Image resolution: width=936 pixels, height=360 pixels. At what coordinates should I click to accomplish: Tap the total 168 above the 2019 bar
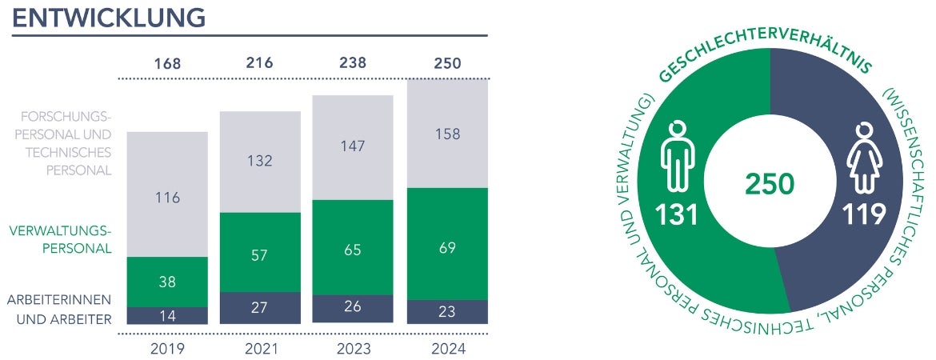pyautogui.click(x=167, y=62)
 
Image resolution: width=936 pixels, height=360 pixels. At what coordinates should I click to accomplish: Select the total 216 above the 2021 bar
pyautogui.click(x=260, y=62)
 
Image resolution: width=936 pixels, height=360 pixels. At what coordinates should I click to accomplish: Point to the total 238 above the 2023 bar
pyautogui.click(x=352, y=62)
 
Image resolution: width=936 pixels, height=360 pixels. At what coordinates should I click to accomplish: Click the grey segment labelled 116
pyautogui.click(x=167, y=198)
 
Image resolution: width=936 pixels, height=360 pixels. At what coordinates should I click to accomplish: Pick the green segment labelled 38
pyautogui.click(x=167, y=282)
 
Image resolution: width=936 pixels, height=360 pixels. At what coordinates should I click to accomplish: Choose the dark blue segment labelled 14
pyautogui.click(x=167, y=315)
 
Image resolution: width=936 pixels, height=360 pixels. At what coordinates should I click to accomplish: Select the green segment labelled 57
pyautogui.click(x=260, y=255)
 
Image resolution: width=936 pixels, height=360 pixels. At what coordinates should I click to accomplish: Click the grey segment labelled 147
pyautogui.click(x=352, y=146)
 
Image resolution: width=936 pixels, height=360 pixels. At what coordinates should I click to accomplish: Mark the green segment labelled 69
pyautogui.click(x=447, y=247)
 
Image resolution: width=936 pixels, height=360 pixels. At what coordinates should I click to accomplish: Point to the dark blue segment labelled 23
pyautogui.click(x=447, y=312)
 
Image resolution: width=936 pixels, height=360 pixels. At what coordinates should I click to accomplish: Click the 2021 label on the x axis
pyautogui.click(x=260, y=349)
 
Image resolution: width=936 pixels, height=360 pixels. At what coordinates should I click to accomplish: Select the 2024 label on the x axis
pyautogui.click(x=447, y=349)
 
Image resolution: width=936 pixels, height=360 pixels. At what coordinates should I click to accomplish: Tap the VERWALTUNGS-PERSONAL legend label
pyautogui.click(x=61, y=239)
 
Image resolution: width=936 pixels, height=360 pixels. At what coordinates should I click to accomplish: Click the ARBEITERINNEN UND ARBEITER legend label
pyautogui.click(x=59, y=309)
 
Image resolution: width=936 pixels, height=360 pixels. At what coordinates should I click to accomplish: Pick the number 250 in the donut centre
pyautogui.click(x=770, y=185)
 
